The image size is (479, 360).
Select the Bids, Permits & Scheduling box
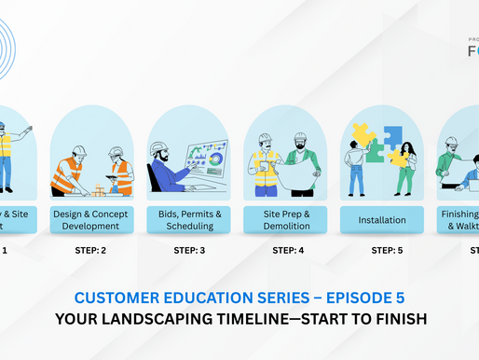click(189, 219)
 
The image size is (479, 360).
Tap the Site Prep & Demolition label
click(288, 219)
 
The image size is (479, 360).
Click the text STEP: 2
click(90, 250)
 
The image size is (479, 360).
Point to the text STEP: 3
click(189, 250)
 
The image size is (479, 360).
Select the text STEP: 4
click(288, 250)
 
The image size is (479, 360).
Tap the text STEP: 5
click(387, 250)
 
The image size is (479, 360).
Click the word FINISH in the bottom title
click(398, 318)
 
